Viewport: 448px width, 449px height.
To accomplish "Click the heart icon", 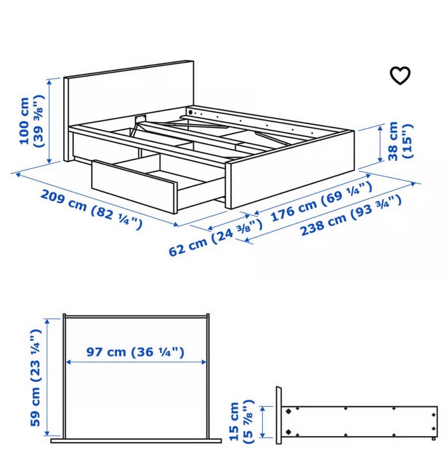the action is click(400, 75).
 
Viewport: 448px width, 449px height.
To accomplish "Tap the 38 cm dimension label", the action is click(400, 141).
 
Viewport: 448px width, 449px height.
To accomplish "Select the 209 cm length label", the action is click(91, 209).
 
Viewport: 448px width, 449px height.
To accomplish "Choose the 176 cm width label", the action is click(321, 202).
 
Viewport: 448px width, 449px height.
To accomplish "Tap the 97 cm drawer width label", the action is click(135, 352).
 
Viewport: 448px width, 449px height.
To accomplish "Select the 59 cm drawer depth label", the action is click(36, 378).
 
